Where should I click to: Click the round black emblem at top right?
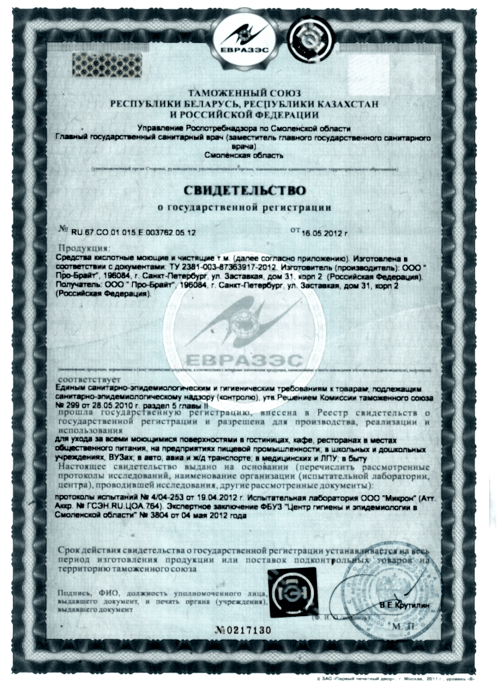click(x=307, y=37)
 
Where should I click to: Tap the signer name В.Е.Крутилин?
click(x=400, y=607)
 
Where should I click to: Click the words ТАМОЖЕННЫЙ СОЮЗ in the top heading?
click(x=245, y=92)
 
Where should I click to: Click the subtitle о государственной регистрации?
click(x=244, y=206)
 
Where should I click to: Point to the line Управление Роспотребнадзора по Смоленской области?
click(x=244, y=128)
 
